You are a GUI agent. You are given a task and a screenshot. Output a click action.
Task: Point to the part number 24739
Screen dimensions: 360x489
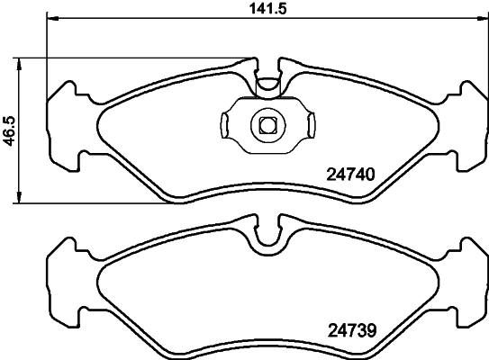tap(348, 328)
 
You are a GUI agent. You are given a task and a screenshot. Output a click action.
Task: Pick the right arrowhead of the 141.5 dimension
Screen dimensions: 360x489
tap(482, 19)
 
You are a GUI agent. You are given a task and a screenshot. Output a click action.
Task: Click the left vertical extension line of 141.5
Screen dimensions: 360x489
tap(46, 54)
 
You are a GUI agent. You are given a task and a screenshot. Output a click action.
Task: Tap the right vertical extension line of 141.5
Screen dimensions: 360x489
tap(487, 54)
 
